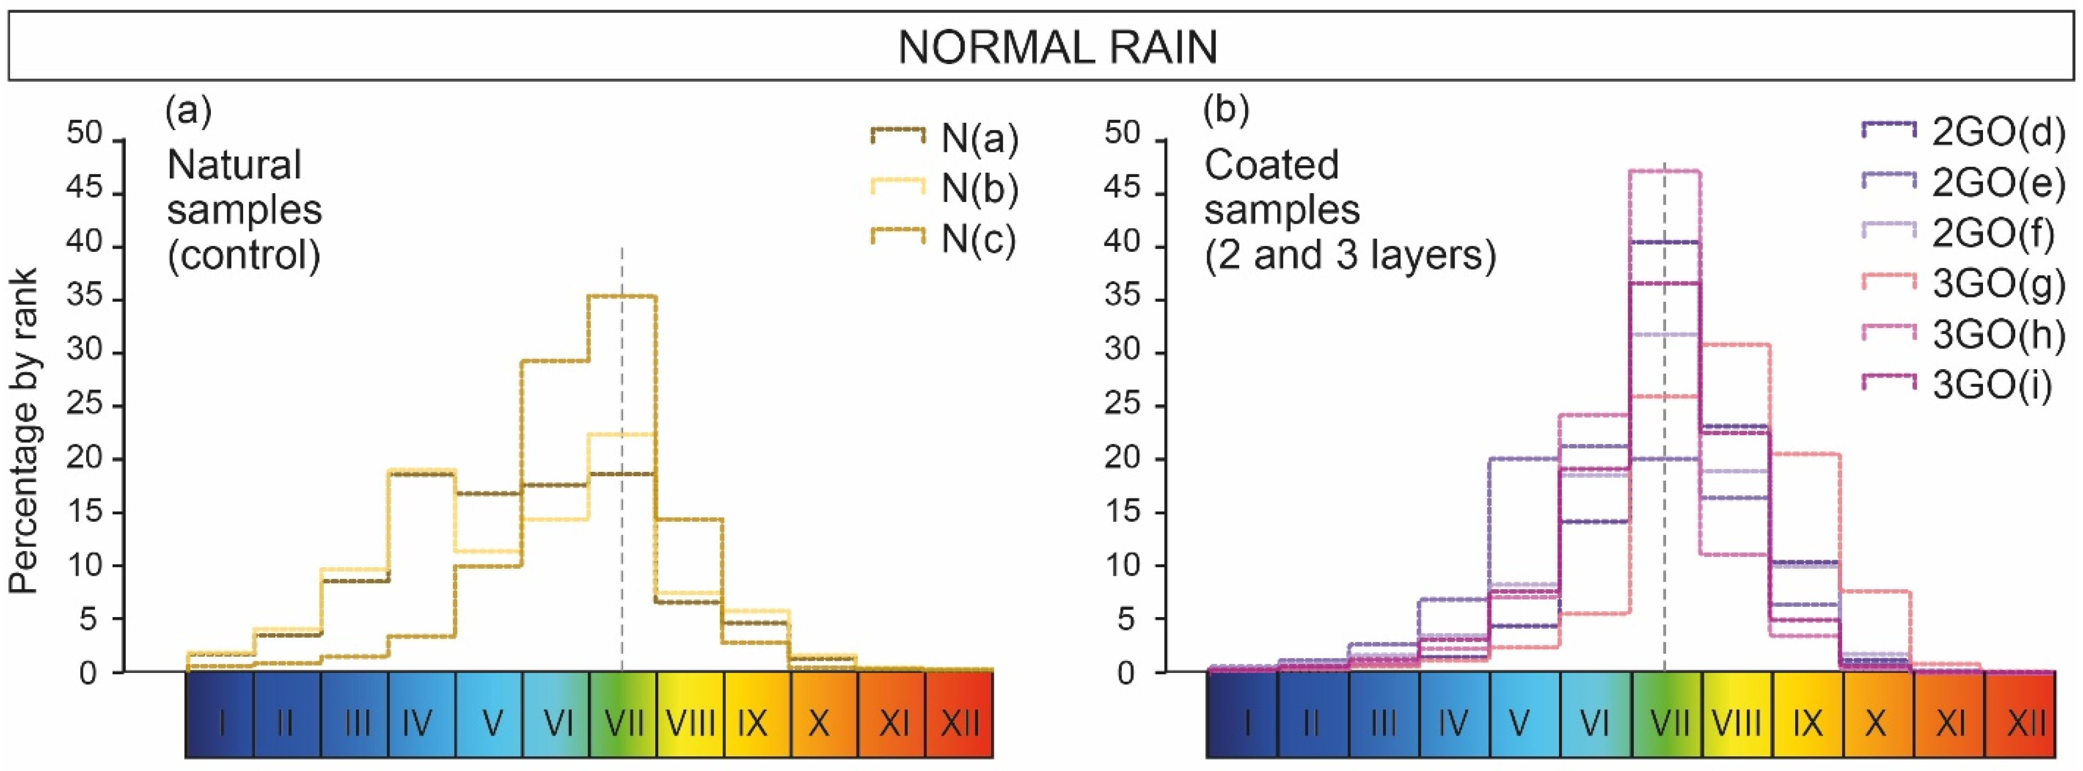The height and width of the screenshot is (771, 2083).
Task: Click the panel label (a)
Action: [x=188, y=109]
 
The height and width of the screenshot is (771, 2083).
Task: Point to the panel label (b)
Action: [x=1226, y=109]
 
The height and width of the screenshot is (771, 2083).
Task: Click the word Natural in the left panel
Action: [x=233, y=165]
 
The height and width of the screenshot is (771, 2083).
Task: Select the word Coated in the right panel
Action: [x=1271, y=165]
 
